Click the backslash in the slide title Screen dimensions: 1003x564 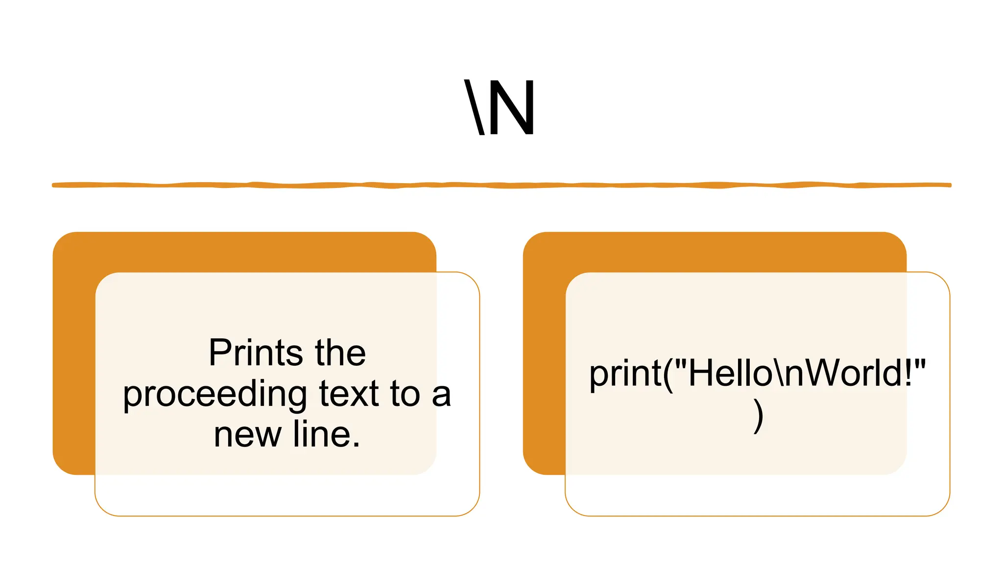coord(474,107)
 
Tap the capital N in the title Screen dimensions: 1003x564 coord(512,107)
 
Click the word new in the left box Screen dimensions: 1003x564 coord(247,434)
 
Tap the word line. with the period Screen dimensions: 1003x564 coord(327,434)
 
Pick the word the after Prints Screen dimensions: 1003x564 coord(340,352)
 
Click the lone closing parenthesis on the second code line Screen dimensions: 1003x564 coord(758,416)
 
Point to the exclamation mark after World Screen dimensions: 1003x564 coord(908,373)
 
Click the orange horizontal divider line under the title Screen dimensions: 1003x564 coord(501,185)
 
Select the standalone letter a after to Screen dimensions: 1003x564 coord(441,395)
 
